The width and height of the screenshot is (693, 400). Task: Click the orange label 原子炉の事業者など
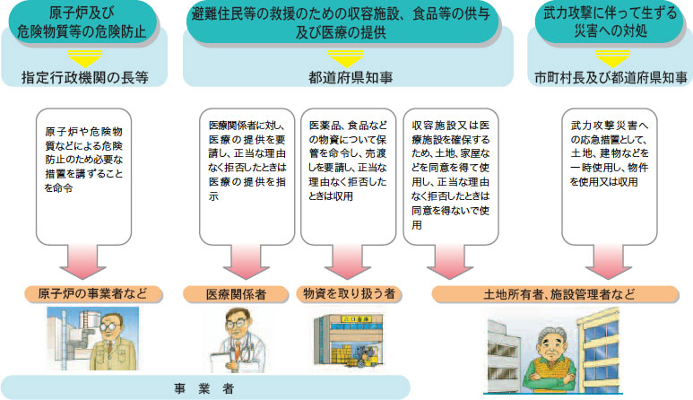[87, 293]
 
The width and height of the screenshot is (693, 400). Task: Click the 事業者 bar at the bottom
[204, 387]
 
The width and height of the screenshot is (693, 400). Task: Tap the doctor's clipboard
[217, 356]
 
